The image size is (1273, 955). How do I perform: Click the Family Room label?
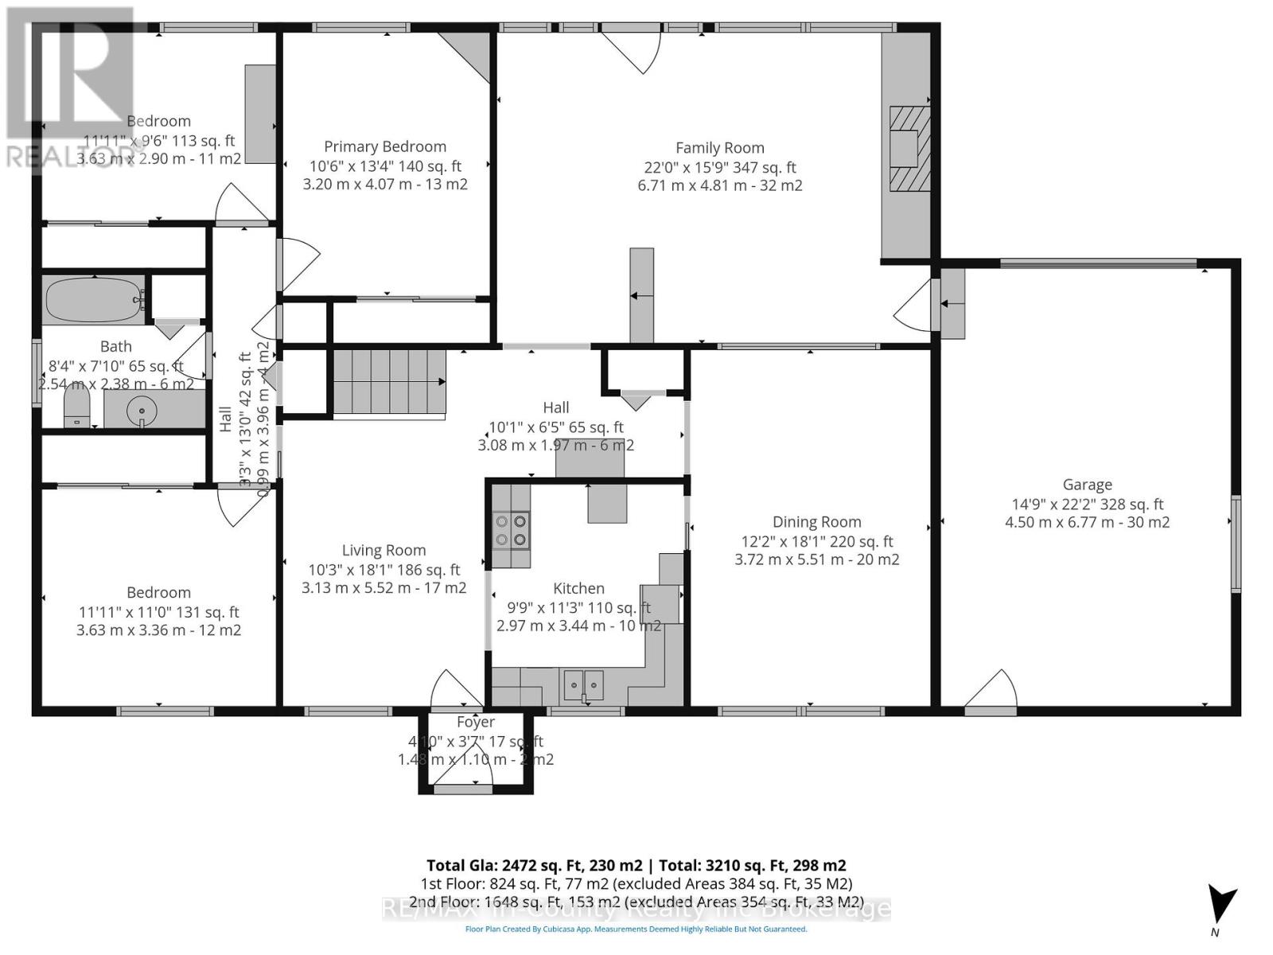coord(719,148)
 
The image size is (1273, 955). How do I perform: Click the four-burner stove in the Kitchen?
coord(511,530)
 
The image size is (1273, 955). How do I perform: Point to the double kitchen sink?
coord(584,684)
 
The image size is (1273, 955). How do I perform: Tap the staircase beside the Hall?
coord(388,382)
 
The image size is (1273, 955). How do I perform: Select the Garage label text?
coord(1087,485)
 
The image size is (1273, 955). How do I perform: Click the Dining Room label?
coord(816,522)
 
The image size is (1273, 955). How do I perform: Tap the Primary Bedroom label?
coord(385,146)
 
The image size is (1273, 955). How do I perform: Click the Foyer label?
coord(476,722)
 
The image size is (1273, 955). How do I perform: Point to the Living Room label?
coord(383,550)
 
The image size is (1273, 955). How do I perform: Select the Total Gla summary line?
coord(636,865)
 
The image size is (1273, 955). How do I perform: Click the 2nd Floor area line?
coord(636,902)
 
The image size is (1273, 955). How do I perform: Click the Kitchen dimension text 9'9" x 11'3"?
coord(578,608)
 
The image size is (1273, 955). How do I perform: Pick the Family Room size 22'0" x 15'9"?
coord(719,167)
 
